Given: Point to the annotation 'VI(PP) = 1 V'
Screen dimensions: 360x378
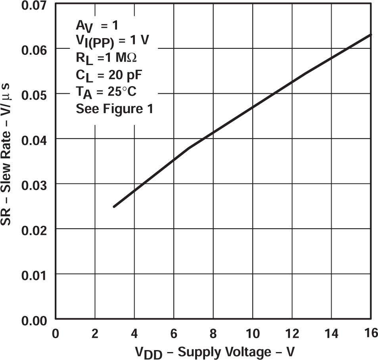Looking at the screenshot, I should [113, 41].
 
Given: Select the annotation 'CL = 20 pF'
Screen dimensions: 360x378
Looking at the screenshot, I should [106, 75].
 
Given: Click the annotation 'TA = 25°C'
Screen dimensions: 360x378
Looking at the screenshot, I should [106, 92].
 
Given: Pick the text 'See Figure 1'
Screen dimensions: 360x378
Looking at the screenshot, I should [114, 109].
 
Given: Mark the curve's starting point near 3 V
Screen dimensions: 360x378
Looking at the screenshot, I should [114, 206].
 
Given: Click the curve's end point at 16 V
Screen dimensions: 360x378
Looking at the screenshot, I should [371, 35].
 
